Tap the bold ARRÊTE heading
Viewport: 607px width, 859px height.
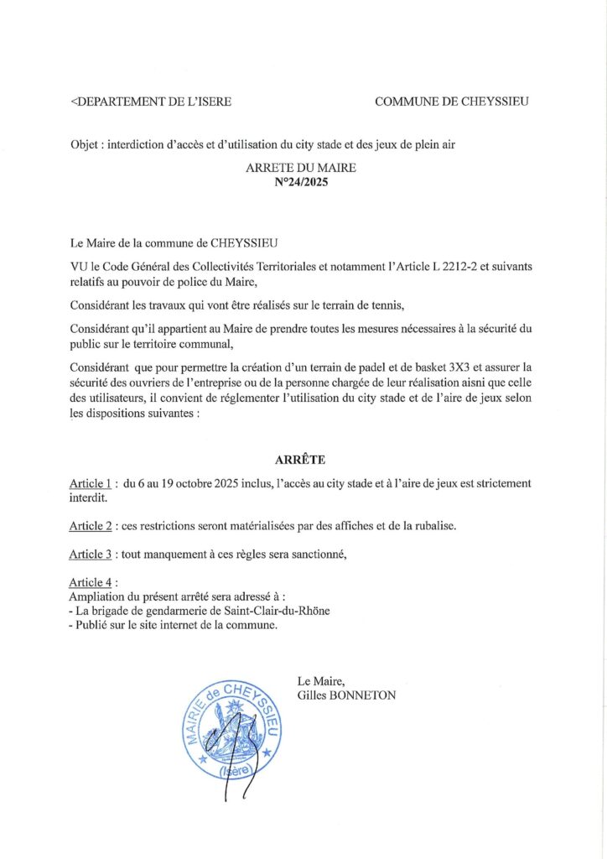300,460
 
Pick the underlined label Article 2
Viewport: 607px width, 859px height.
91,525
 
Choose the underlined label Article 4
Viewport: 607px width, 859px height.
91,582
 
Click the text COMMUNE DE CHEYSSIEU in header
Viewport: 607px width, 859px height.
451,102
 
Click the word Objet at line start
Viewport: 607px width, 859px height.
86,145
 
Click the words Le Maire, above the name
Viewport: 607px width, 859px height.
315,681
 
